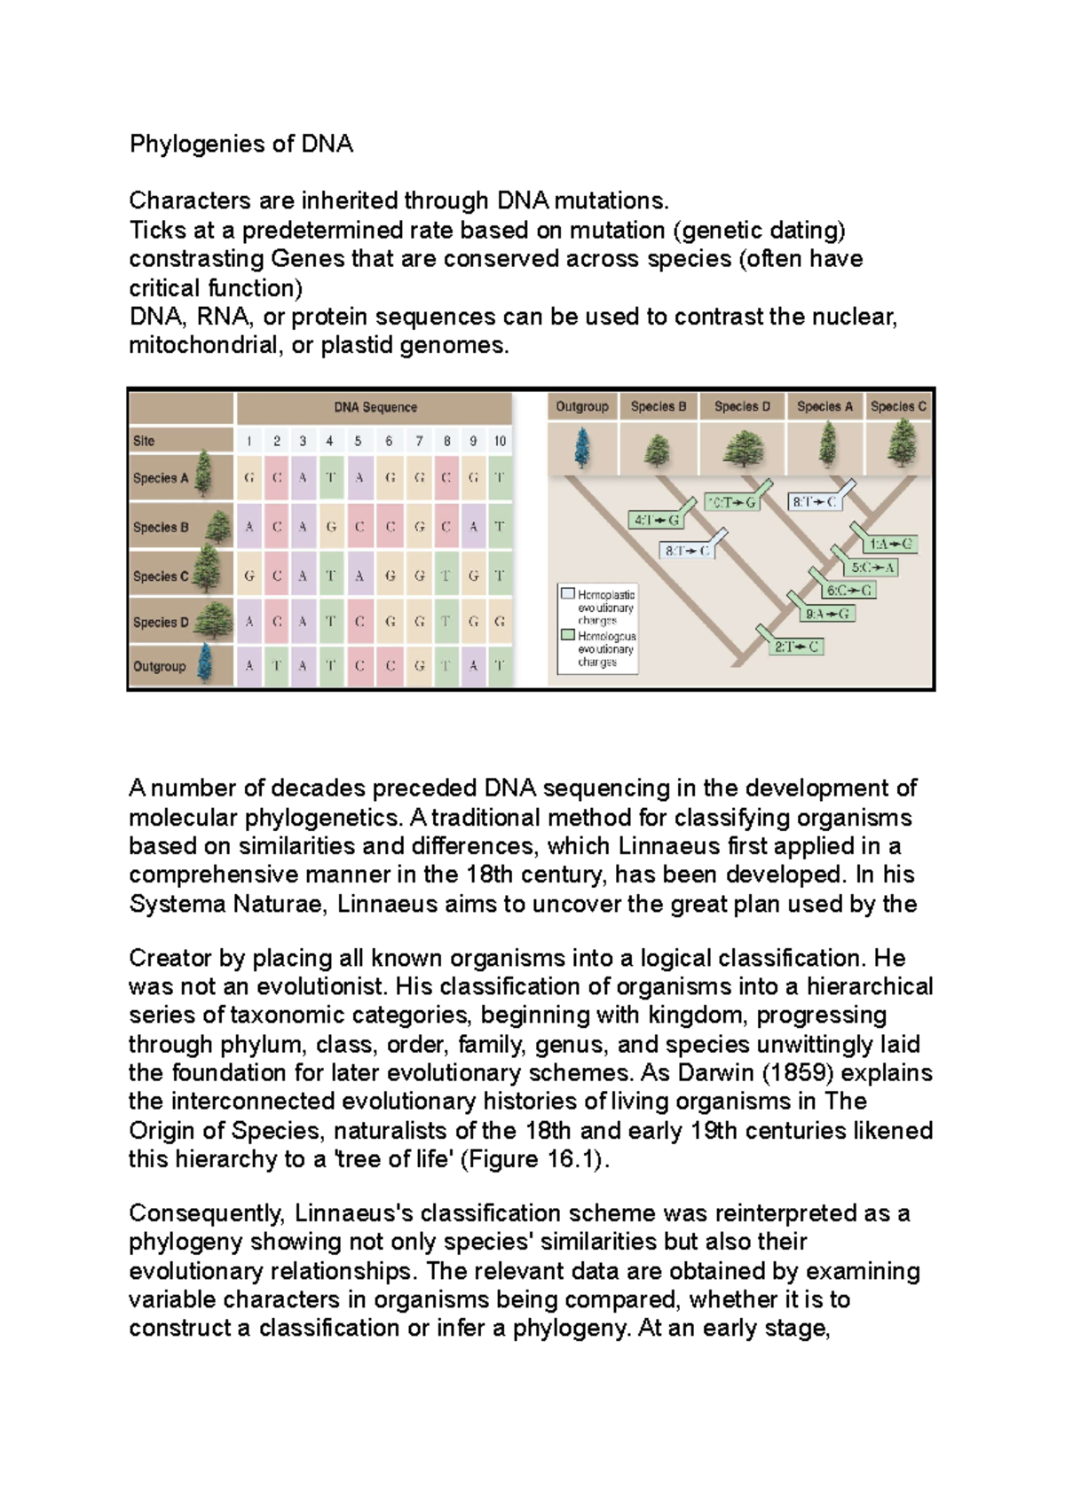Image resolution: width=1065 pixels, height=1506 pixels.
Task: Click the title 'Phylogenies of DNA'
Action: tap(241, 144)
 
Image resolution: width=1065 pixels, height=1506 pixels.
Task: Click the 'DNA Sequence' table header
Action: tap(375, 407)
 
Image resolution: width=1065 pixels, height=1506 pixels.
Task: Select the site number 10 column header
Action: tap(500, 441)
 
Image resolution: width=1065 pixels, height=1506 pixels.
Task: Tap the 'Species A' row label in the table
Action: tap(161, 478)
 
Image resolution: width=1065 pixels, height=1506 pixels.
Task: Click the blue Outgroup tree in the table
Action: tap(205, 663)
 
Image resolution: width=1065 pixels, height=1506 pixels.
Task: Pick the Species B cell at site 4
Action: tap(330, 527)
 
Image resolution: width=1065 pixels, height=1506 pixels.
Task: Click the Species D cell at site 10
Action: tap(500, 622)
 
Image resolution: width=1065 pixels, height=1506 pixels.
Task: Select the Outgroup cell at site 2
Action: tap(277, 665)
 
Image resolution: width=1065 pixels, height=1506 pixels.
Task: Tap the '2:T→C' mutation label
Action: tap(796, 647)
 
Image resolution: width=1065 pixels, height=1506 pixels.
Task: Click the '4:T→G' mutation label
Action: tap(656, 521)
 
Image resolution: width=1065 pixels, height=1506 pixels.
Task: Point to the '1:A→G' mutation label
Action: tap(891, 545)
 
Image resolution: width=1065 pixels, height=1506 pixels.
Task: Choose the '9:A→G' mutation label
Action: tap(828, 614)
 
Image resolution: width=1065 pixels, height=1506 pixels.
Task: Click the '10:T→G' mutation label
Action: tap(731, 503)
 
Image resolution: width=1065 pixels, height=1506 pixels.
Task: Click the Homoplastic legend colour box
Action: tap(568, 593)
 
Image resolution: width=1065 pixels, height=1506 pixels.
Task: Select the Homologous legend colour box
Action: tap(568, 635)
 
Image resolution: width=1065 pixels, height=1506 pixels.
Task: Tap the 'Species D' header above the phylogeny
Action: tap(742, 406)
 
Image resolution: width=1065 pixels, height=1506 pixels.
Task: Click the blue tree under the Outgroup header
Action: tap(581, 448)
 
